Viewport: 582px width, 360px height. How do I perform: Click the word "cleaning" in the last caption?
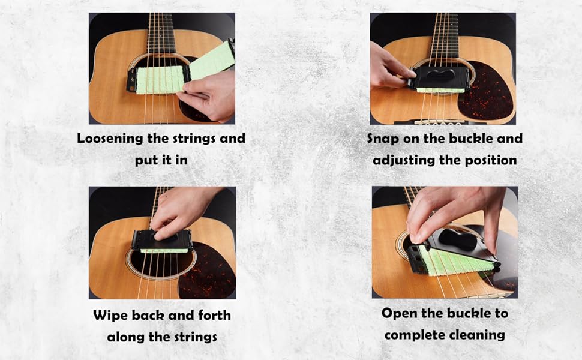coord(478,335)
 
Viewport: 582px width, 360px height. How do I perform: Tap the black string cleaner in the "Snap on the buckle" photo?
coord(440,77)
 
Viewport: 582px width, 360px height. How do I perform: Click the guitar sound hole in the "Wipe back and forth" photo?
coord(159,264)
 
